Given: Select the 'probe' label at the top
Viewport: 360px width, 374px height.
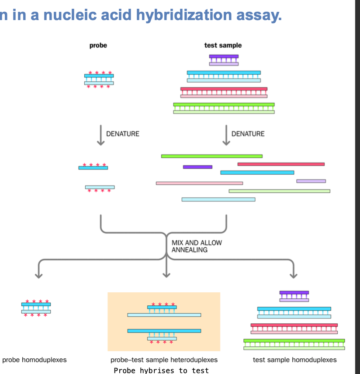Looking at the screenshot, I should click(x=98, y=45).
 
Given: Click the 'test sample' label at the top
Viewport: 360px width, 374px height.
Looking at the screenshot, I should click(x=223, y=45).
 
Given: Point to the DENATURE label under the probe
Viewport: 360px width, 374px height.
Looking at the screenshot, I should click(x=123, y=134).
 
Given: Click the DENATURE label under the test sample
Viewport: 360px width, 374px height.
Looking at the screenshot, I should click(x=248, y=134).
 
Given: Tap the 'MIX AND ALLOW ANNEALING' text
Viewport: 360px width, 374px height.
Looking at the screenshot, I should click(x=197, y=246).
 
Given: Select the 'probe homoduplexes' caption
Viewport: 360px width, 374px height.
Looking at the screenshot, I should click(x=35, y=360).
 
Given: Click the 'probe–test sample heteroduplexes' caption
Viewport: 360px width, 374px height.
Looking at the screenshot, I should click(x=164, y=360).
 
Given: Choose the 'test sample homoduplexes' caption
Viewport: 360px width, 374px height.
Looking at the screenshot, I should click(x=295, y=360).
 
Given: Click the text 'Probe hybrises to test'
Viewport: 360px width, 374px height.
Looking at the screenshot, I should click(x=161, y=371).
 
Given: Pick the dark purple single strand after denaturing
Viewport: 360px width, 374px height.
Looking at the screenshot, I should click(x=197, y=167).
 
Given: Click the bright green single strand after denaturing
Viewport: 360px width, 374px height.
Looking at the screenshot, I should click(x=211, y=156).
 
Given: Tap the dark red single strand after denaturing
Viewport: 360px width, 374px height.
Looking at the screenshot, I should click(x=281, y=164).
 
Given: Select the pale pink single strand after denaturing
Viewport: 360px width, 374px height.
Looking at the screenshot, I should click(x=199, y=183).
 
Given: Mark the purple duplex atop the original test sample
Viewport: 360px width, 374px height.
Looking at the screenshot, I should click(x=224, y=60).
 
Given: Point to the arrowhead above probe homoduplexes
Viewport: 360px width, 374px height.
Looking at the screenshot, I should click(x=39, y=275).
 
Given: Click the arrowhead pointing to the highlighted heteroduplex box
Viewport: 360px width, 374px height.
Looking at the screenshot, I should click(x=166, y=275).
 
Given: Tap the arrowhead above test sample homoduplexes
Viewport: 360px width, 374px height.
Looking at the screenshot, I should click(x=294, y=275).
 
